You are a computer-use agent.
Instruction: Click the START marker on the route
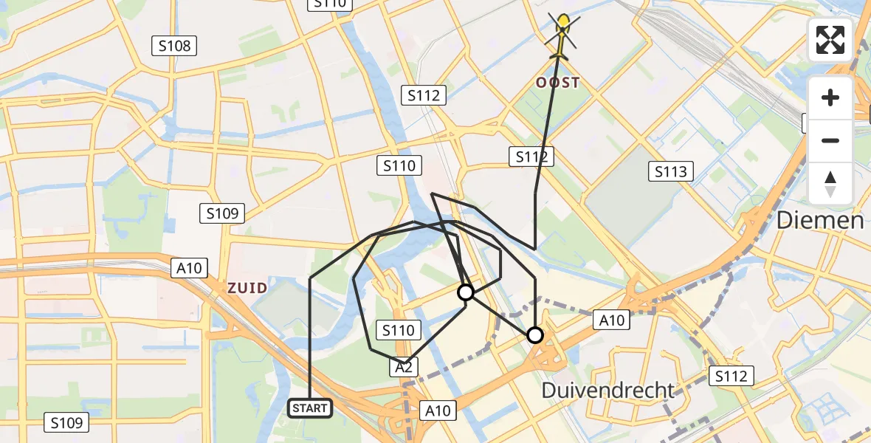coord(309,408)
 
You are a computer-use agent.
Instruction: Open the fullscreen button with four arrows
coord(830,40)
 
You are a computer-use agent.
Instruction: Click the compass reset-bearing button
coord(830,184)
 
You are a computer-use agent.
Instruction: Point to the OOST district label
coord(559,83)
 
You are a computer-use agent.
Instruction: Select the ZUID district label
coord(247,288)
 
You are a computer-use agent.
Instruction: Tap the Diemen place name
coord(819,220)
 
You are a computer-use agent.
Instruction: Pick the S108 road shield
coord(174,47)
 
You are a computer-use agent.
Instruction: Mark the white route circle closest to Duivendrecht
coord(535,335)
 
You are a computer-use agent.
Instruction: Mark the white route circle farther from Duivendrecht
coord(466,292)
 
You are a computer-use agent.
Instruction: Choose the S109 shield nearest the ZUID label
coord(222,214)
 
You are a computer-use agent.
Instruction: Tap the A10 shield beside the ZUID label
coord(188,268)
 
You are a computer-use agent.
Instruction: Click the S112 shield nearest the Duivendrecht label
coord(731,377)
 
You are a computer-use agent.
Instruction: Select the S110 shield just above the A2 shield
coord(399,330)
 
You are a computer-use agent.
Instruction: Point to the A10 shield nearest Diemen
coord(612,320)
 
